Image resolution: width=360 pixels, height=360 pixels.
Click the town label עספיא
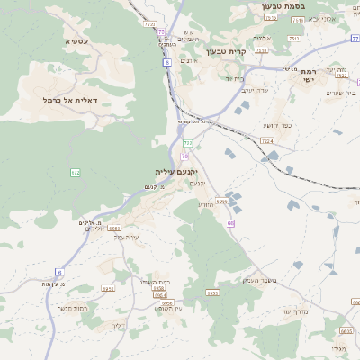pyautogui.click(x=76, y=41)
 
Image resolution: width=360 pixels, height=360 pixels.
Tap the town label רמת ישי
pyautogui.click(x=308, y=75)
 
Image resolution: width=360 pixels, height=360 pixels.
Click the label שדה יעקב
pyautogui.click(x=256, y=91)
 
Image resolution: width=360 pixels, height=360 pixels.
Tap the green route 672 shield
pyautogui.click(x=76, y=171)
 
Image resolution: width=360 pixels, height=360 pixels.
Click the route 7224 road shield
pyautogui.click(x=267, y=141)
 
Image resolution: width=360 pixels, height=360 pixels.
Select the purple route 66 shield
pyautogui.click(x=230, y=223)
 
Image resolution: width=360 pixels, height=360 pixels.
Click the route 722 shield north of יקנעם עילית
pyautogui.click(x=188, y=143)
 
